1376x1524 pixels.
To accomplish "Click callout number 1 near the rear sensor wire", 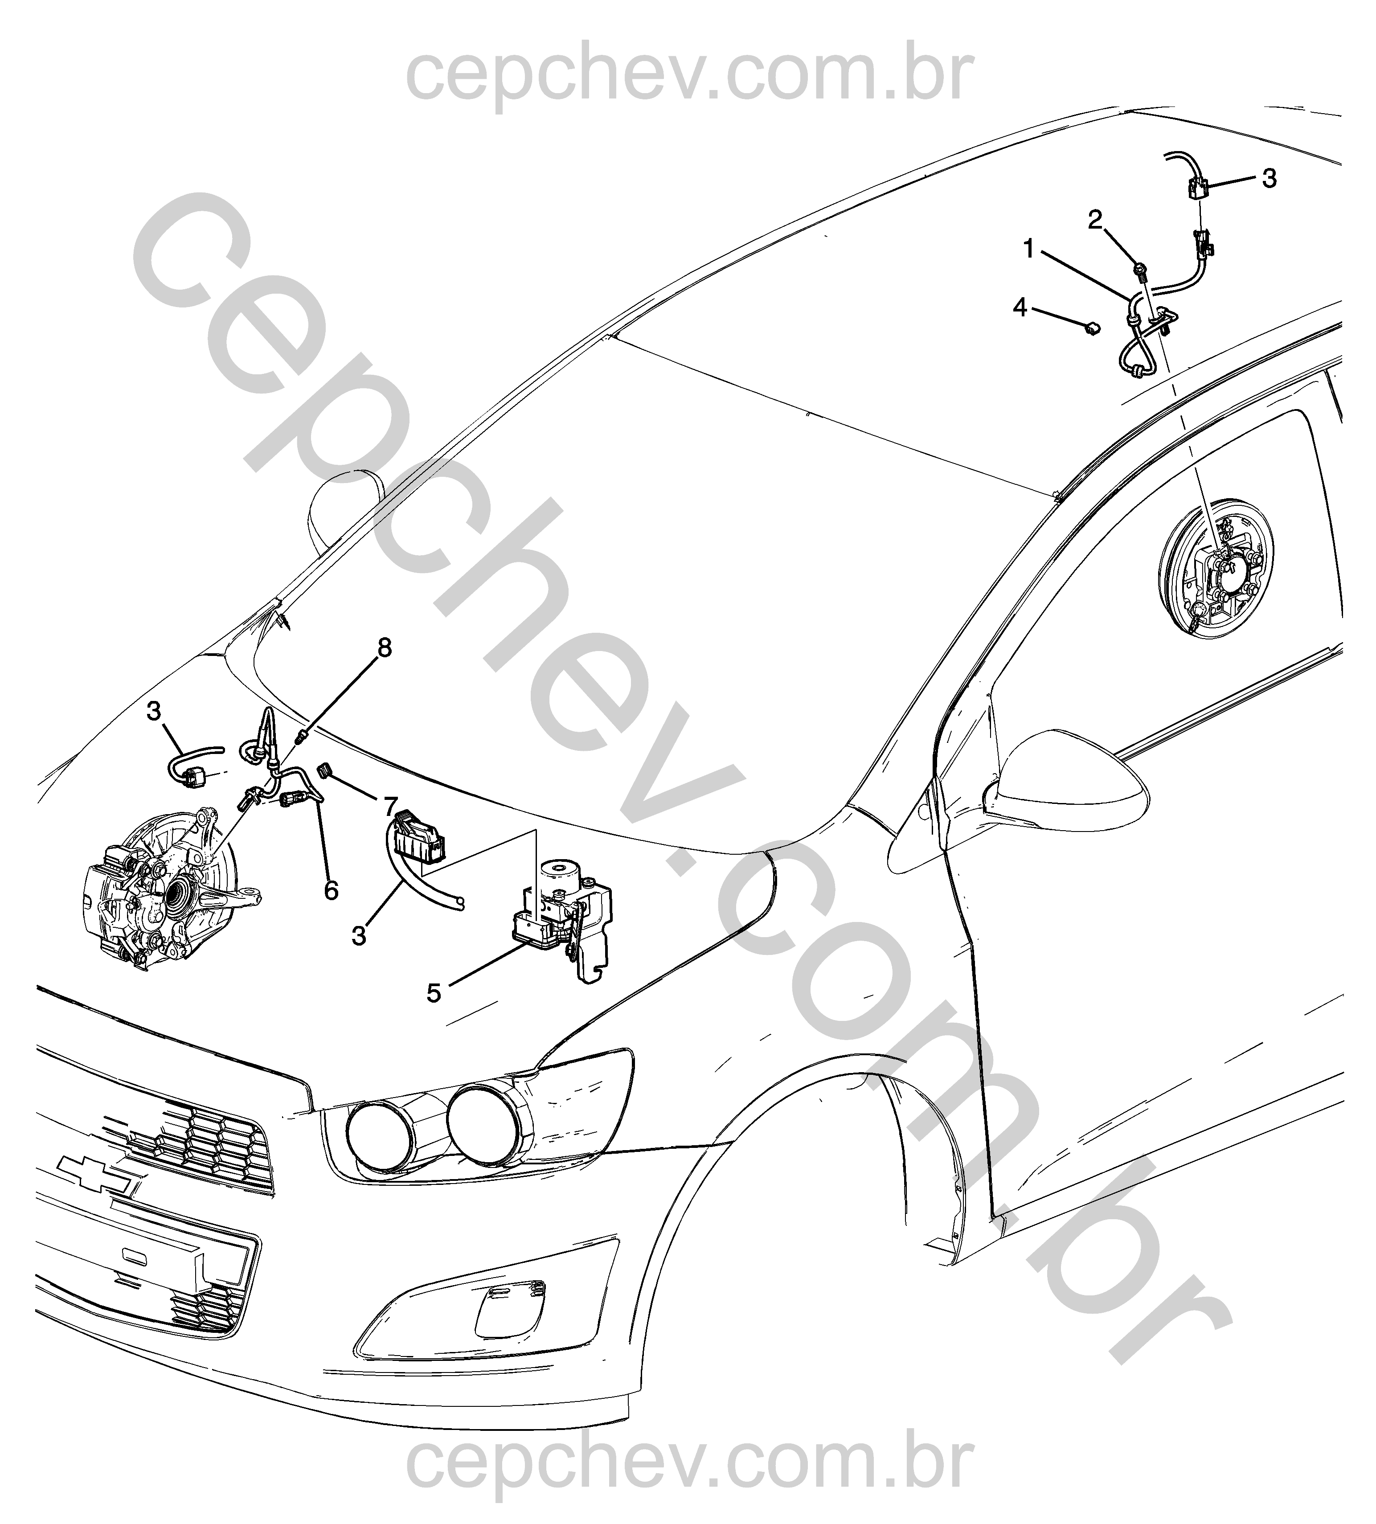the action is click(1029, 249).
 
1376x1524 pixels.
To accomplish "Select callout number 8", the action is click(385, 648).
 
